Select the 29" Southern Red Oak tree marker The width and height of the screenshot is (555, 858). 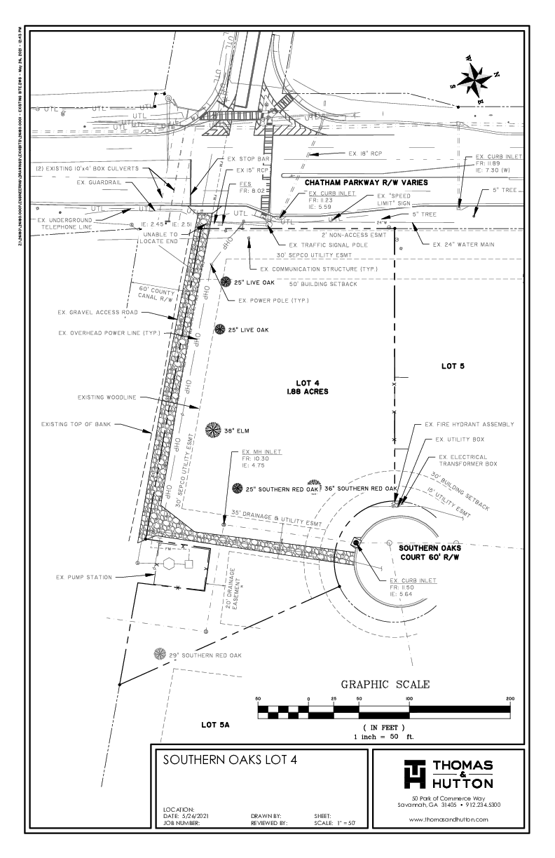coord(161,655)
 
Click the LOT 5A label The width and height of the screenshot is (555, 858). coord(215,724)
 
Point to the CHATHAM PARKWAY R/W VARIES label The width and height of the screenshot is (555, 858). coord(366,182)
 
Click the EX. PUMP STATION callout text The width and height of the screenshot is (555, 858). coord(83,578)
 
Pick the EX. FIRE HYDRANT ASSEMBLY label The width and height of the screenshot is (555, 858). coord(470,425)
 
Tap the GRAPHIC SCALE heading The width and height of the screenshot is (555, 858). coord(385,684)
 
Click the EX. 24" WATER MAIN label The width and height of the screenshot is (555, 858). coord(463,244)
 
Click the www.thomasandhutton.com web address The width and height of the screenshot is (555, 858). coord(448,819)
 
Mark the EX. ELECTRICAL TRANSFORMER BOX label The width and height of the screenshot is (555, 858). coord(467,461)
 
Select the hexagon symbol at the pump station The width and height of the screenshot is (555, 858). coord(169,564)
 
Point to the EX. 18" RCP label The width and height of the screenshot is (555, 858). coord(365,153)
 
